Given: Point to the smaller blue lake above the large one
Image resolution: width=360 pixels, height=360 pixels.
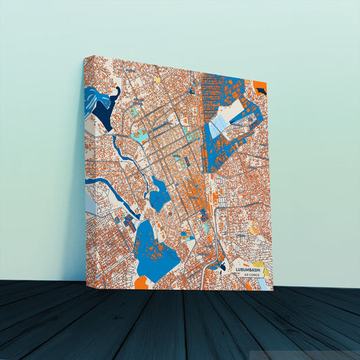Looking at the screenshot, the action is pyautogui.click(x=159, y=195).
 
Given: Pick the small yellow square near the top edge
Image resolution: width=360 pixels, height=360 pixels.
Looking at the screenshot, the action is pyautogui.click(x=159, y=79).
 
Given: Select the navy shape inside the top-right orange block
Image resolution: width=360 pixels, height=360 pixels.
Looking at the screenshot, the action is pyautogui.click(x=261, y=89).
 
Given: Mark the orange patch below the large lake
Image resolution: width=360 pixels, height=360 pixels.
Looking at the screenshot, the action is pyautogui.click(x=141, y=283).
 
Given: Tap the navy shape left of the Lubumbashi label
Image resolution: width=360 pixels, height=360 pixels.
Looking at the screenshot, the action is pyautogui.click(x=222, y=267).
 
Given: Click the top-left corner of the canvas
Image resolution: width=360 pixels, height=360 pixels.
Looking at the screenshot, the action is pyautogui.click(x=86, y=57).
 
